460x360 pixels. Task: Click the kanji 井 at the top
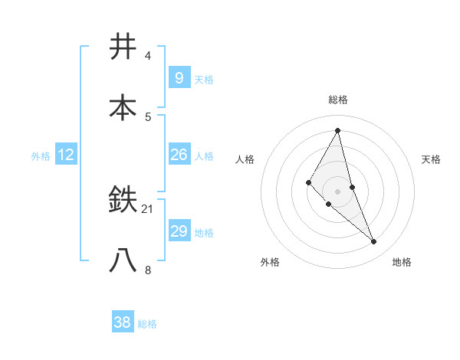(123, 47)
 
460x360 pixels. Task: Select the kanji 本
(123, 107)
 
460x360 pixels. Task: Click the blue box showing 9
(179, 77)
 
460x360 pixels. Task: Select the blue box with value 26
(179, 155)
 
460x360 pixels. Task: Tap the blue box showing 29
(179, 231)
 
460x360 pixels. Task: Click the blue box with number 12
(66, 155)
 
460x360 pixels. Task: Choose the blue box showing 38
(123, 322)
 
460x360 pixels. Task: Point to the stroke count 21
(149, 208)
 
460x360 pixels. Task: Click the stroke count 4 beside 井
(148, 56)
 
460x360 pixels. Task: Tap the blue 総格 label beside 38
(147, 324)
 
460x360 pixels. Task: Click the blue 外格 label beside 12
(41, 156)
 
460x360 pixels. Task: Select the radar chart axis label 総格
(338, 100)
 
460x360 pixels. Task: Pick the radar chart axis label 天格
(432, 159)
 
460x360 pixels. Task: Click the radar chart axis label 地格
(402, 262)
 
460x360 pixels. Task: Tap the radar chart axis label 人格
(245, 159)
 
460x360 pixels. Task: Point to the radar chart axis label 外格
(270, 262)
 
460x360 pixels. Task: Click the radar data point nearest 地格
(374, 241)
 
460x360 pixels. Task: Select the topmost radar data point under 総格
(338, 131)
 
